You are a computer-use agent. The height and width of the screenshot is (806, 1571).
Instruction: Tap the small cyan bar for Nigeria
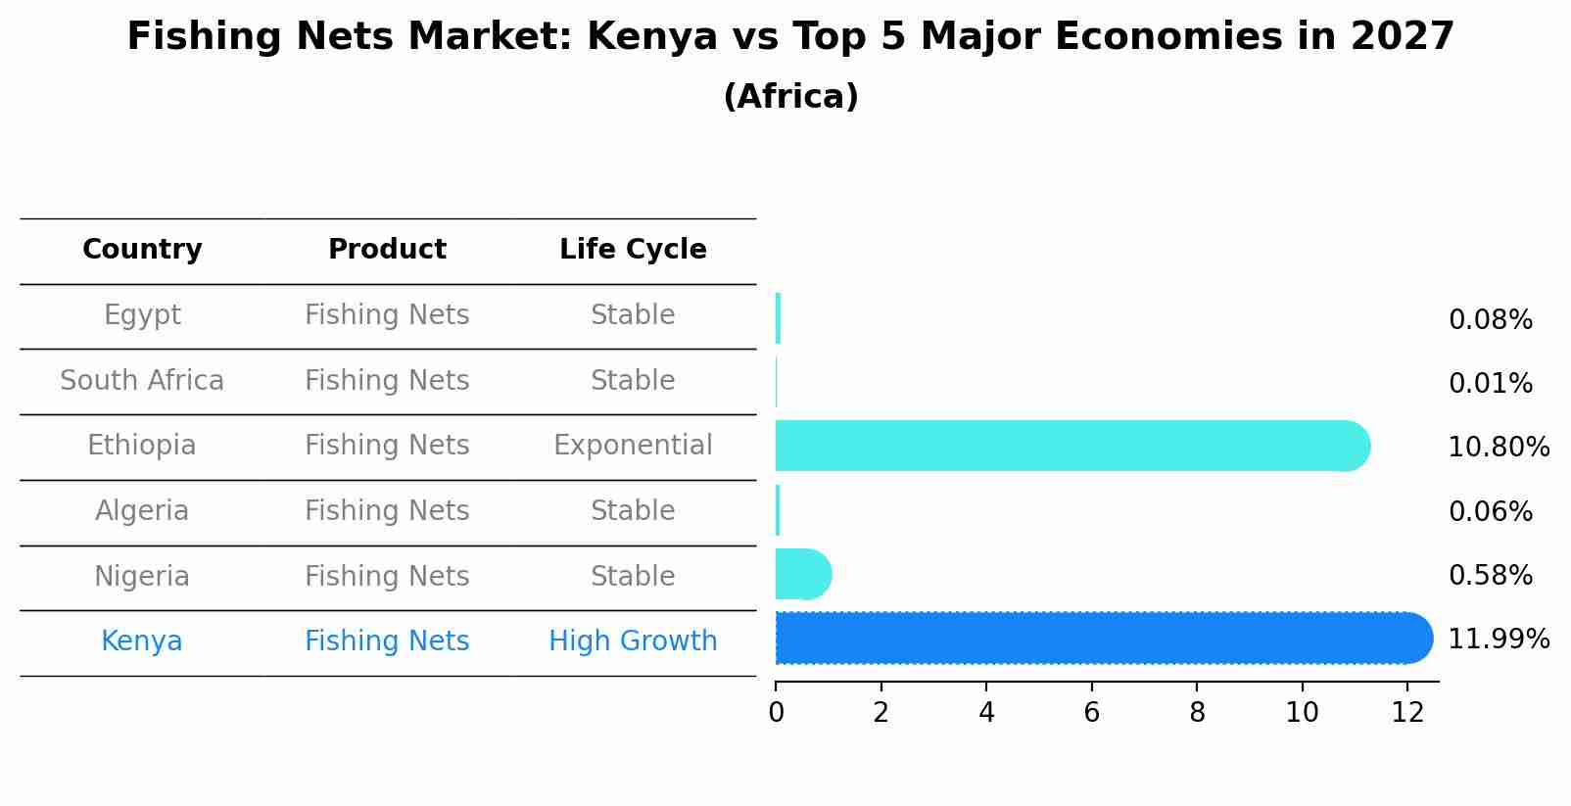coord(802,574)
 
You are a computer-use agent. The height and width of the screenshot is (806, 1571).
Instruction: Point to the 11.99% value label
coord(1498,640)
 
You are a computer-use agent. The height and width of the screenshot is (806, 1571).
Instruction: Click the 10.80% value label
coord(1498,448)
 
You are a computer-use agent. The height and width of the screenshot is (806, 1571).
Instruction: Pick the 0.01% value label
coord(1490,384)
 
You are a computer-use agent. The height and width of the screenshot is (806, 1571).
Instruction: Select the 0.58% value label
coord(1490,576)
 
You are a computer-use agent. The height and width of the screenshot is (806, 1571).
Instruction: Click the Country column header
coord(142,250)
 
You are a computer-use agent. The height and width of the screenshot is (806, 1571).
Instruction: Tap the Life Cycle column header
coord(633,250)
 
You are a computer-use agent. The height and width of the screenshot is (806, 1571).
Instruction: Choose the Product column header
coord(387,250)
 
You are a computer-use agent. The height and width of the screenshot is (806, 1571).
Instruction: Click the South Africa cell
coord(142,381)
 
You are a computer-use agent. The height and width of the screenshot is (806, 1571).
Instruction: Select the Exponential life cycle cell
coord(633,446)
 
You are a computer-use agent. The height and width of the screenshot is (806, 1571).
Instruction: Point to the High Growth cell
coord(633,641)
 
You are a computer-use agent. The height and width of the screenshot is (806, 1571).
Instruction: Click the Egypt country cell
coord(142,315)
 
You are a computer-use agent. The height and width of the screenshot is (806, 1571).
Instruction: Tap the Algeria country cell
coord(142,511)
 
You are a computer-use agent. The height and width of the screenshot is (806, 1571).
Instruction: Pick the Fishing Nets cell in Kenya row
coord(387,641)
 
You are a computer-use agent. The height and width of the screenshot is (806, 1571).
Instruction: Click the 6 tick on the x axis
coord(1091,713)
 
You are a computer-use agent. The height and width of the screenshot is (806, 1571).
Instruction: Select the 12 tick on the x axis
coord(1407,713)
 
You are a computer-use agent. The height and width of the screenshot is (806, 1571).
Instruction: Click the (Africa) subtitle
coord(790,97)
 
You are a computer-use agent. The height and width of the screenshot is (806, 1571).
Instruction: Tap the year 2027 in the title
coord(1402,37)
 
